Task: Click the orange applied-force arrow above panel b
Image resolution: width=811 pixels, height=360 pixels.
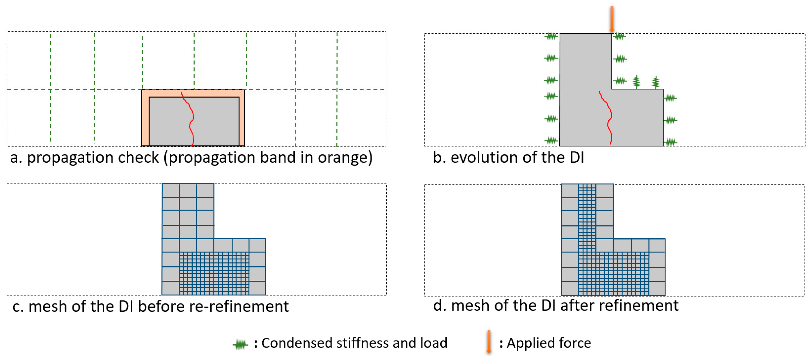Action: point(611,19)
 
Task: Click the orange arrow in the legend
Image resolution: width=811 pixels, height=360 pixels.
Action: point(489,342)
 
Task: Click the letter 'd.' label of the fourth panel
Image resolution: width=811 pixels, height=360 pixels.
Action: point(439,306)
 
